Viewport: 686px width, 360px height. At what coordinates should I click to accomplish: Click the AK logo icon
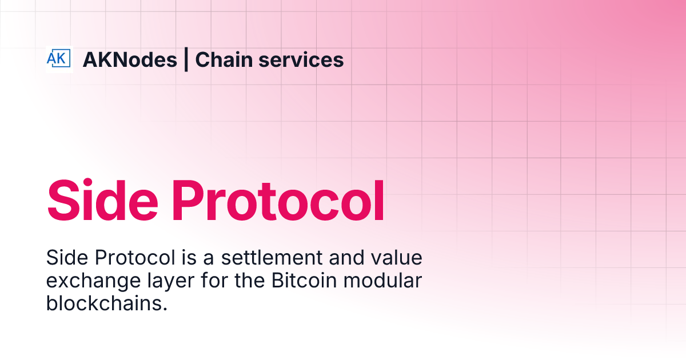pyautogui.click(x=59, y=59)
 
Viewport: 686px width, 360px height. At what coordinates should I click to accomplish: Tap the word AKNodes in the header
pyautogui.click(x=130, y=59)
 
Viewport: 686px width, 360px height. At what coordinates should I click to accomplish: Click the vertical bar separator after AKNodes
pyautogui.click(x=186, y=59)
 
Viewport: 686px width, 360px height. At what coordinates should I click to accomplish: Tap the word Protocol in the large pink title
pyautogui.click(x=278, y=201)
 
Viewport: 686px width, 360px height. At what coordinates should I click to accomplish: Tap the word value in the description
pyautogui.click(x=397, y=258)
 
